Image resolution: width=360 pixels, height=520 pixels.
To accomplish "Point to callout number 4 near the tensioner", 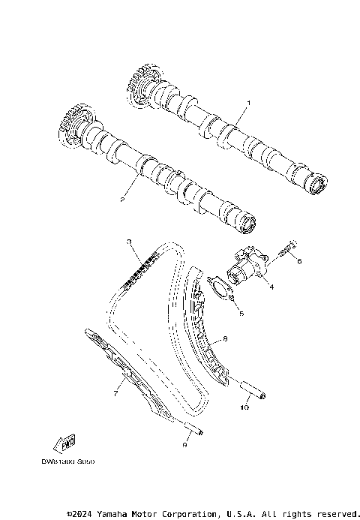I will tap(271, 286).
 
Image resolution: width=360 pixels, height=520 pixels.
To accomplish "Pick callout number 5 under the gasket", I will tap(241, 313).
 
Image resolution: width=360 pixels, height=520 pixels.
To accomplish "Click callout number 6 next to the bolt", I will tap(298, 261).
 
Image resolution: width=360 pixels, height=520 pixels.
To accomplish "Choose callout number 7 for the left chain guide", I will tap(116, 392).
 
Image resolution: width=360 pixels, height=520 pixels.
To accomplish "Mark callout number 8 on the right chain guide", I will tap(226, 339).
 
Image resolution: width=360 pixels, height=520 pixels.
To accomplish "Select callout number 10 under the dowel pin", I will tap(243, 408).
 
